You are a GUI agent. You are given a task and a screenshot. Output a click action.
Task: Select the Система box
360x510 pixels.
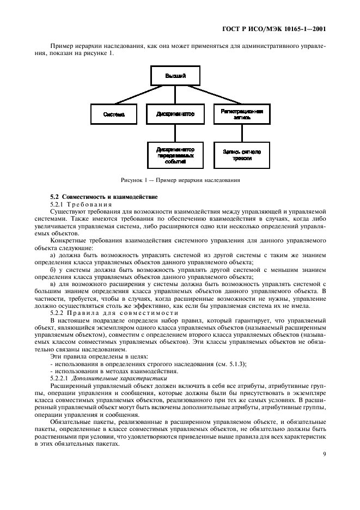tap(114, 114)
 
